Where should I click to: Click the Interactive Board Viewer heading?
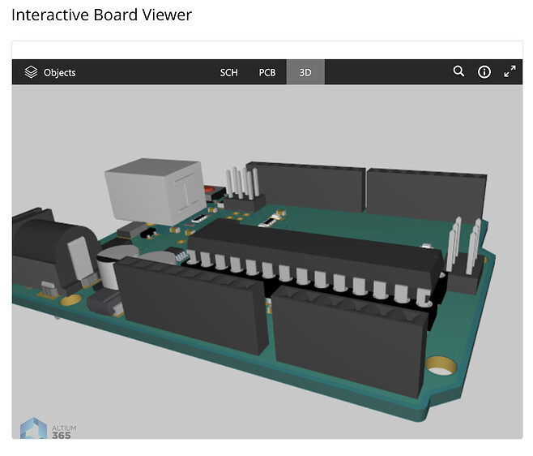(x=101, y=15)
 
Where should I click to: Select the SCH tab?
(x=229, y=72)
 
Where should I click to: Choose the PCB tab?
(x=267, y=72)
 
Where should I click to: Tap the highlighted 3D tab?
(x=305, y=72)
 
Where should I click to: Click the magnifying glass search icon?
(x=458, y=71)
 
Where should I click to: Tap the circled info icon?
(x=484, y=72)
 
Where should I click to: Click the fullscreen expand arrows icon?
(x=510, y=71)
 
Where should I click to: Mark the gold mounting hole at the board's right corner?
(x=439, y=369)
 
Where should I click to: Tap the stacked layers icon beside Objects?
(x=31, y=72)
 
